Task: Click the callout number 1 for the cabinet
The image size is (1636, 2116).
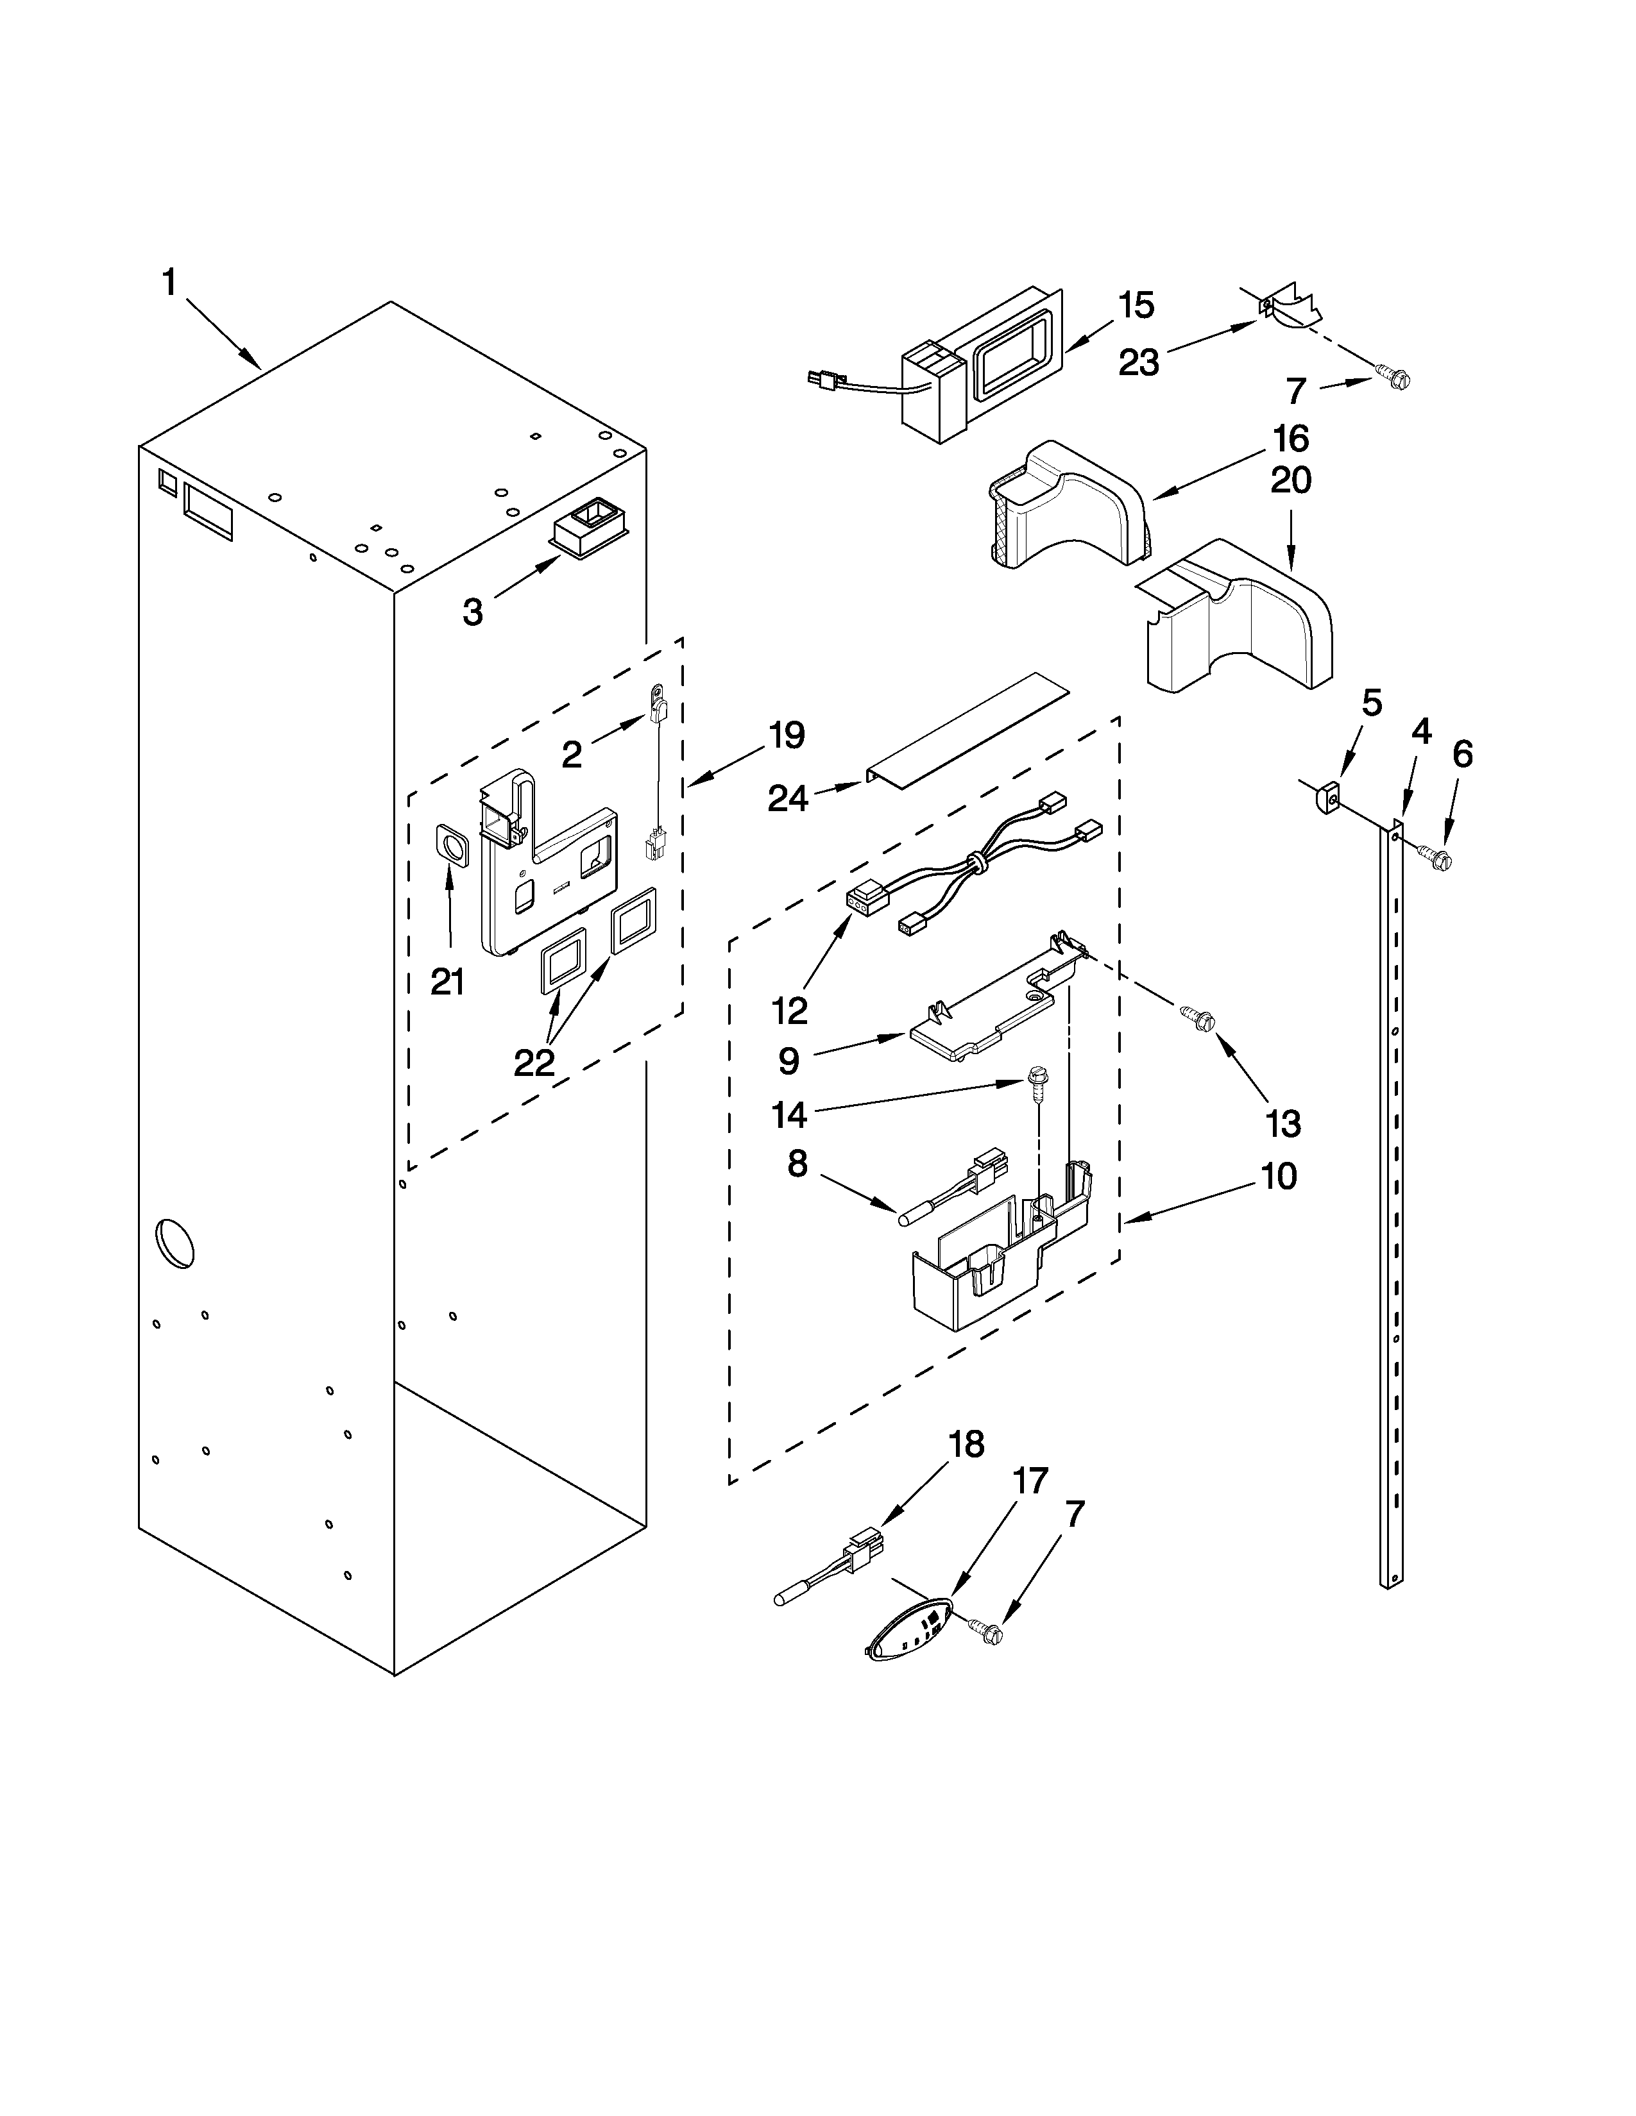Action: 169,283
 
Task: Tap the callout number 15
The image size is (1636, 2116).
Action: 1136,305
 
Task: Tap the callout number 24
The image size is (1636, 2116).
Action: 788,798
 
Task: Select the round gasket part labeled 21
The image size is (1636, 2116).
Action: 450,846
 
